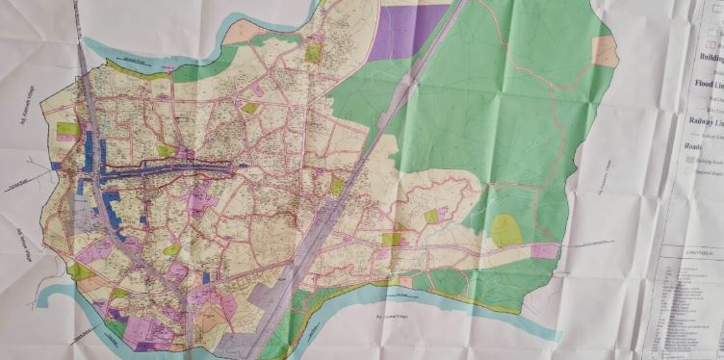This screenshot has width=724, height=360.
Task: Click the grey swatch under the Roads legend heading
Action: tap(690, 168)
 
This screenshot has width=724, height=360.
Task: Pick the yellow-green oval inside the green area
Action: tap(506, 230)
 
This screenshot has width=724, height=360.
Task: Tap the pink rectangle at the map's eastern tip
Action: tap(544, 251)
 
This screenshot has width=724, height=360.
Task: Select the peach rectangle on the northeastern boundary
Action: tap(605, 50)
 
